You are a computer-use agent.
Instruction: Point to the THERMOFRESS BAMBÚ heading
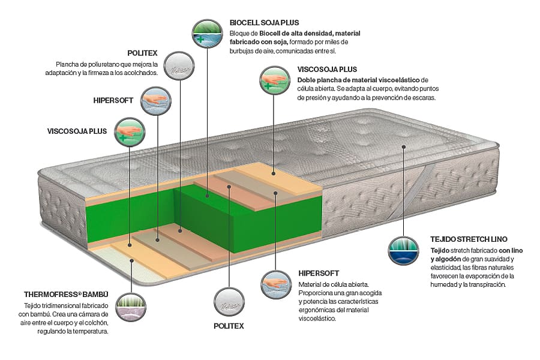pos(66,295)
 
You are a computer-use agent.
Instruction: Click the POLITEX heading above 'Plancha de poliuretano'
pos(142,52)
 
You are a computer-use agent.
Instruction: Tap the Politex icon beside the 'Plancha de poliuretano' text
pos(177,65)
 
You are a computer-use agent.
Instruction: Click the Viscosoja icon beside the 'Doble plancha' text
pos(274,80)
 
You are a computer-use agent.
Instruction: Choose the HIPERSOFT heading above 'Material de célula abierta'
pos(320,273)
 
